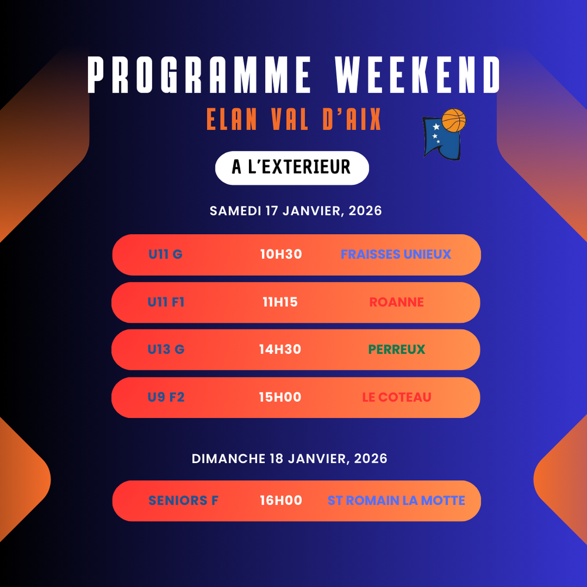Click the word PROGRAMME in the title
[x=199, y=75]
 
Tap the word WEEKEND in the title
[x=417, y=75]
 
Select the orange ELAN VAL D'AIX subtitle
[x=293, y=119]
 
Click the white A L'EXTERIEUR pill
[x=292, y=168]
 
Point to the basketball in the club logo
[x=454, y=120]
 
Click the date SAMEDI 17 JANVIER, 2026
[x=296, y=211]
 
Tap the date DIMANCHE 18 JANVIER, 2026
[x=289, y=458]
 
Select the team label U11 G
[x=166, y=254]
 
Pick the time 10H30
[x=281, y=254]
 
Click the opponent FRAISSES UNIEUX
[x=396, y=254]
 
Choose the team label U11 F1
[x=166, y=302]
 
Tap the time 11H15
[x=280, y=302]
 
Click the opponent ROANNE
[x=396, y=302]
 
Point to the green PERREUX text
[x=397, y=349]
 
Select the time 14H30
[x=280, y=349]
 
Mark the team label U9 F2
[x=166, y=397]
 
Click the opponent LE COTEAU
[x=397, y=397]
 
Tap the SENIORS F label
[x=183, y=500]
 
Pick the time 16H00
[x=281, y=500]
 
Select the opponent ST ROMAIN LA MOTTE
[x=396, y=500]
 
